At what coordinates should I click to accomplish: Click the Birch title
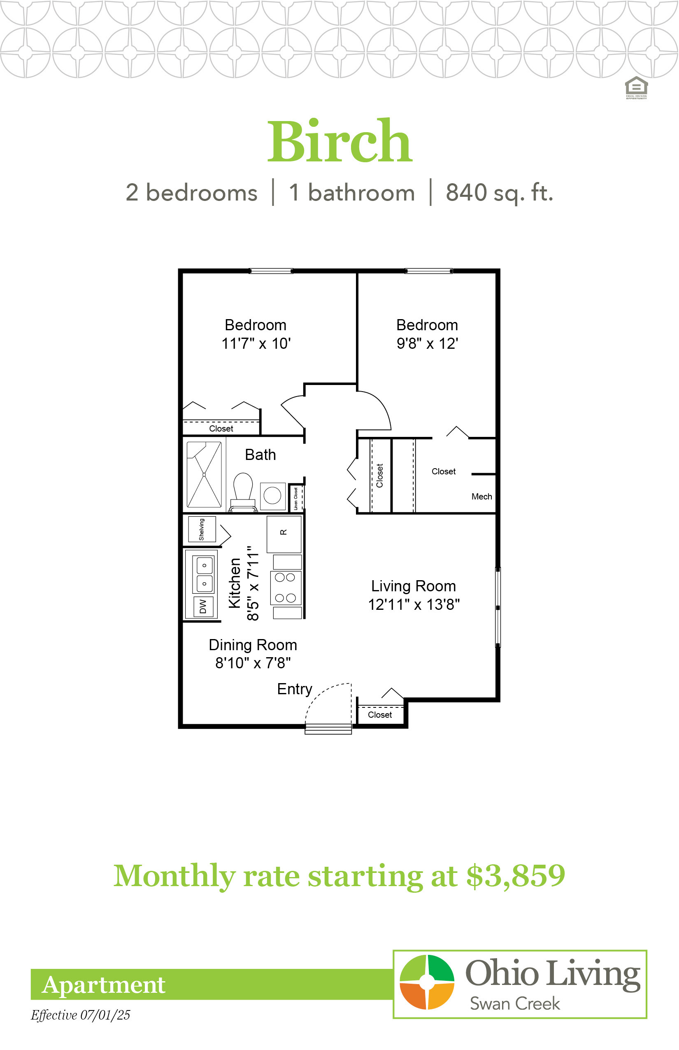(340, 141)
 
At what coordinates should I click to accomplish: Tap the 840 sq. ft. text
(499, 193)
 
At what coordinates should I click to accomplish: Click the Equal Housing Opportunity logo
(636, 88)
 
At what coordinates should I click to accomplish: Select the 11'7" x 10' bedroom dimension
(256, 343)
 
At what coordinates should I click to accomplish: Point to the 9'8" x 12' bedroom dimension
(427, 343)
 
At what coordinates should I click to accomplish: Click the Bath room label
(260, 455)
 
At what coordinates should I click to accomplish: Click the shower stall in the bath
(204, 475)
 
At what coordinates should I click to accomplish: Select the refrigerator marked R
(284, 534)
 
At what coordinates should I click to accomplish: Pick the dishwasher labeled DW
(203, 607)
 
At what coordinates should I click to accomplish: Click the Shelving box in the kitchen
(202, 530)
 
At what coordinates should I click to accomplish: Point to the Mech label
(482, 497)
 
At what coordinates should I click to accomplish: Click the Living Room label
(414, 586)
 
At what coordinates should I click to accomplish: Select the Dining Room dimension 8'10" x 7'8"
(253, 663)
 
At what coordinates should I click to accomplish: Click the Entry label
(295, 689)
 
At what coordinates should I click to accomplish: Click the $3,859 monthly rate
(516, 876)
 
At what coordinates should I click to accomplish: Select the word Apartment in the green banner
(104, 985)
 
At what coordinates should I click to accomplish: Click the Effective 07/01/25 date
(81, 1015)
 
